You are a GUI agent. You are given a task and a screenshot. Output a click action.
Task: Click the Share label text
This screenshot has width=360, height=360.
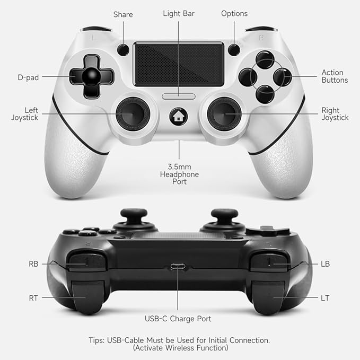coord(123,14)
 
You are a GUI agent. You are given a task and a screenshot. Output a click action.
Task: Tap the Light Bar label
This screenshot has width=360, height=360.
coord(178,13)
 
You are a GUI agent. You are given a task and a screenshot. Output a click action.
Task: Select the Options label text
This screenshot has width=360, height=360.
coord(234,13)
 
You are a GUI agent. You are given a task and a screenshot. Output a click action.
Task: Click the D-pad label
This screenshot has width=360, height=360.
coord(28,77)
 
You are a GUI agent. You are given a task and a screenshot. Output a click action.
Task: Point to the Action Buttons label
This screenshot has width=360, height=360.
coord(335,76)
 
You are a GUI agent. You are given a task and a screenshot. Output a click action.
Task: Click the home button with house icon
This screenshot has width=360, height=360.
coord(178,116)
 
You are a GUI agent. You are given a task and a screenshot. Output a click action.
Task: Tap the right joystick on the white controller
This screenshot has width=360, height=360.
coord(225,112)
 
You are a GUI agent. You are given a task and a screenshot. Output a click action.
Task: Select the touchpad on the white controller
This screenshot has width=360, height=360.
coord(178,64)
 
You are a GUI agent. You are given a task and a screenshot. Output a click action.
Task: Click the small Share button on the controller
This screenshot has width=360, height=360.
coord(123,50)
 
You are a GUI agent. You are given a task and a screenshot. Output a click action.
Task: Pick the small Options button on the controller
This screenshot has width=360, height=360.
coord(234,50)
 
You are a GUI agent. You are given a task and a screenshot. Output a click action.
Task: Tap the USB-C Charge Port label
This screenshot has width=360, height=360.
coord(178,319)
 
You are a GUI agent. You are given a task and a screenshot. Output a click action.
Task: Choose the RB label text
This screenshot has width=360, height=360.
coord(33,264)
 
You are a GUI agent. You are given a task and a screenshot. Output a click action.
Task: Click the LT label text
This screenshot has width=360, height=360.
coord(325,298)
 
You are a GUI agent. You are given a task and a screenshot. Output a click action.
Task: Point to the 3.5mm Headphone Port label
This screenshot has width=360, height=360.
coord(179,174)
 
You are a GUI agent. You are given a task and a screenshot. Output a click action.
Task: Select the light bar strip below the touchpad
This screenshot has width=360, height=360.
coord(179,96)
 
